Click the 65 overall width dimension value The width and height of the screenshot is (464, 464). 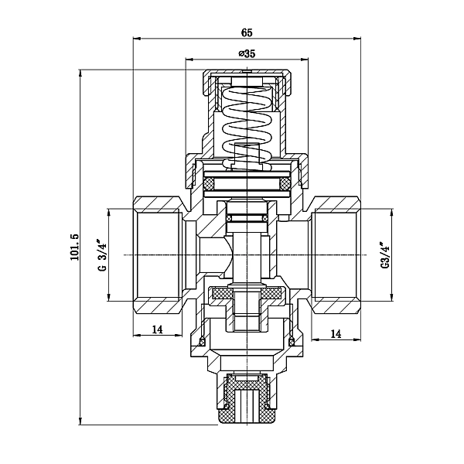click(247, 32)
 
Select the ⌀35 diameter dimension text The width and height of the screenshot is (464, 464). click(246, 53)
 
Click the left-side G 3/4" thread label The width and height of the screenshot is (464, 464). click(101, 255)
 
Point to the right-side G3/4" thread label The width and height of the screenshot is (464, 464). click(384, 255)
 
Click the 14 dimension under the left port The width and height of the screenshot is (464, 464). click(158, 329)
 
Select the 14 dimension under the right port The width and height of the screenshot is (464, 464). click(336, 333)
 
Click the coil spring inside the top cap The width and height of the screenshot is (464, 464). click(247, 120)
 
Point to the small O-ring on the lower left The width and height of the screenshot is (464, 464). click(203, 341)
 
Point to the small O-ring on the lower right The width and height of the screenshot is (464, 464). click(292, 341)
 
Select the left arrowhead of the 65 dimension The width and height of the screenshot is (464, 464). click(137, 39)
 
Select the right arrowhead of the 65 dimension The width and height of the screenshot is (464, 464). click(359, 39)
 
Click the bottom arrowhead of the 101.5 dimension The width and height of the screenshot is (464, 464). click(81, 422)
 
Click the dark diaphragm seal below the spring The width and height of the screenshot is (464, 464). click(247, 184)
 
